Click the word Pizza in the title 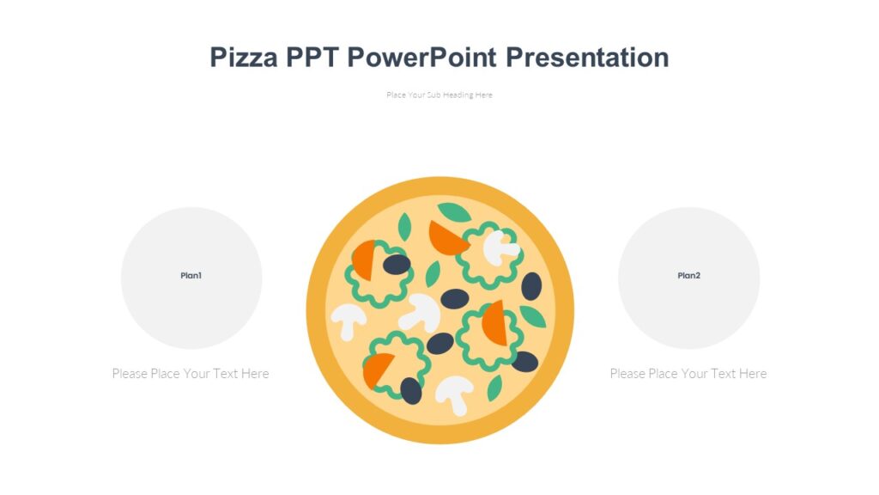point(244,58)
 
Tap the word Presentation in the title point(587,58)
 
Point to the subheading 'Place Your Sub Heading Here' point(439,95)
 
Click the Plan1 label point(191,276)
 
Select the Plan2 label point(688,276)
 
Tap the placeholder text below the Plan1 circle point(191,373)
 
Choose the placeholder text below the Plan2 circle point(688,373)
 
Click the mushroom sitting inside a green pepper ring point(500,247)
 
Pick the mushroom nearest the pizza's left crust point(349,320)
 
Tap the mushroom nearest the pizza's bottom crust point(453,394)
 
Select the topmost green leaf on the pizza point(453,211)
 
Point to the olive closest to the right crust point(531,286)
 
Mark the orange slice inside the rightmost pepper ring point(494,324)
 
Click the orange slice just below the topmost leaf point(446,237)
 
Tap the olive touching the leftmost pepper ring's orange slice point(396,264)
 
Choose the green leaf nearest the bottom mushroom point(494,388)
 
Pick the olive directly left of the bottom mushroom point(411,390)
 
